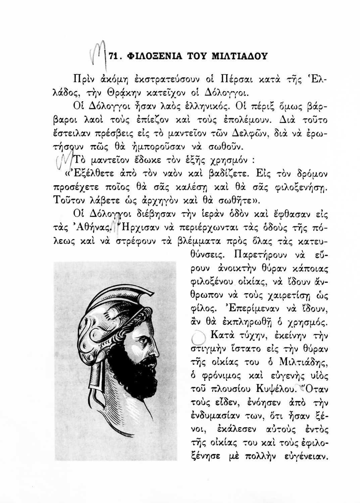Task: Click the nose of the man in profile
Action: (x=156, y=351)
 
